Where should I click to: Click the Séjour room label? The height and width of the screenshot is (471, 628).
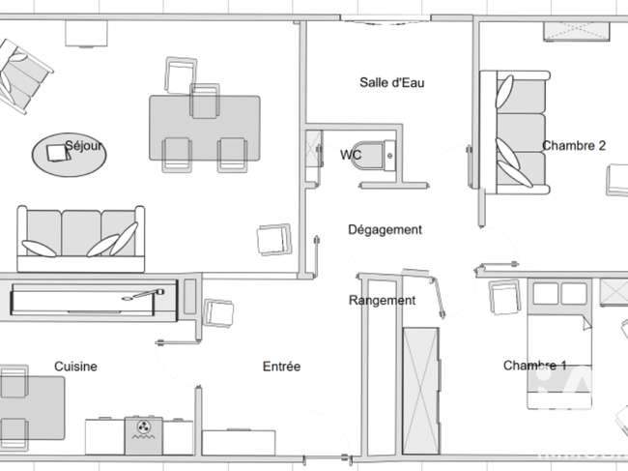point(84,145)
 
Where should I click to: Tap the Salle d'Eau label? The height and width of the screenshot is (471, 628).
point(391,82)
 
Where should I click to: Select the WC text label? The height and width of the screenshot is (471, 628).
point(351,155)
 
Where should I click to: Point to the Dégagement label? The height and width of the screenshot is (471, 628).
point(385,229)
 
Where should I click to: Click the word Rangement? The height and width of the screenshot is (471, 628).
point(382,300)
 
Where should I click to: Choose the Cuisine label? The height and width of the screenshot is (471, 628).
point(75,367)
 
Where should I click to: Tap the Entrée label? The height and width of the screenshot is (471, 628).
point(281,367)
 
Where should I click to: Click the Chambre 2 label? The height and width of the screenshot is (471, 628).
point(574,145)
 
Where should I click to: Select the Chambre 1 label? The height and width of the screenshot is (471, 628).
point(534,366)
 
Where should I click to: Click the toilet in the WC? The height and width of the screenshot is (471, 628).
point(376,156)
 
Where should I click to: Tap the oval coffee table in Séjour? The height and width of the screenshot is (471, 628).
point(70,155)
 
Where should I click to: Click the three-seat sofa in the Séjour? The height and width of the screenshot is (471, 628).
point(81,239)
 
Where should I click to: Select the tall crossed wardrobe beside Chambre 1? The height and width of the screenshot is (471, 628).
point(420,391)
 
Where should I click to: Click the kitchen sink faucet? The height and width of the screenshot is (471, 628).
point(144,294)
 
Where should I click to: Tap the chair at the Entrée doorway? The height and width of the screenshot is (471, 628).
point(218,312)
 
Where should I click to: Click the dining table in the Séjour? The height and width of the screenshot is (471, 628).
point(205,129)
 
